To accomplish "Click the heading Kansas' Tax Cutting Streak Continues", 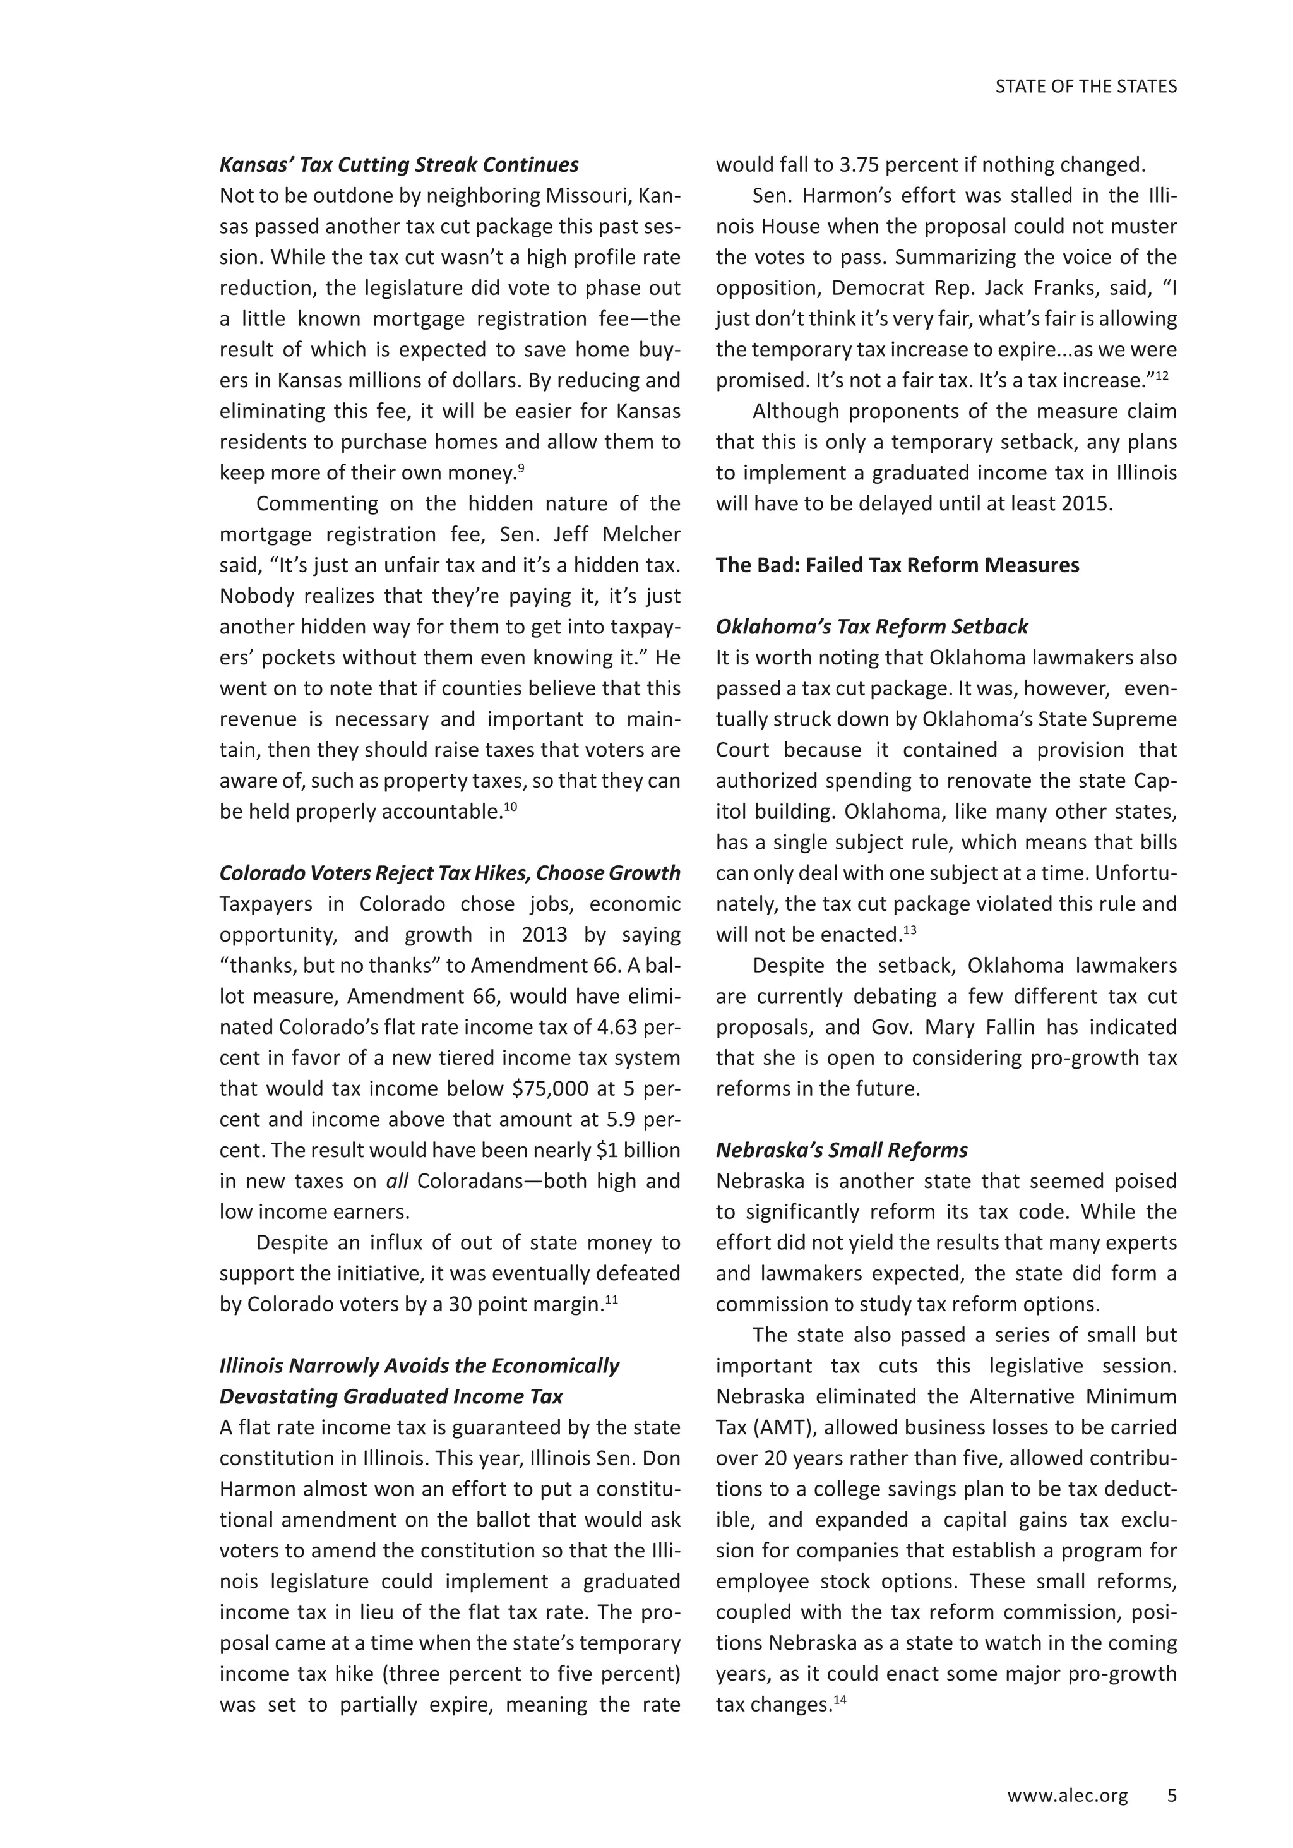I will coord(398,165).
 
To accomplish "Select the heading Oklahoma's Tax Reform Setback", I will coord(871,627).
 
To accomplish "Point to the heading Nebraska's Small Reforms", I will coord(842,1150).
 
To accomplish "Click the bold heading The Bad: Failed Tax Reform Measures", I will coord(897,565).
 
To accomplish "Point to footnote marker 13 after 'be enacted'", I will coord(910,930).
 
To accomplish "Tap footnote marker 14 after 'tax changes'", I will coord(841,1699).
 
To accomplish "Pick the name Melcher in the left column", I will coord(642,535).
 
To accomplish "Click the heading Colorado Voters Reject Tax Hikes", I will coord(449,873).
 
